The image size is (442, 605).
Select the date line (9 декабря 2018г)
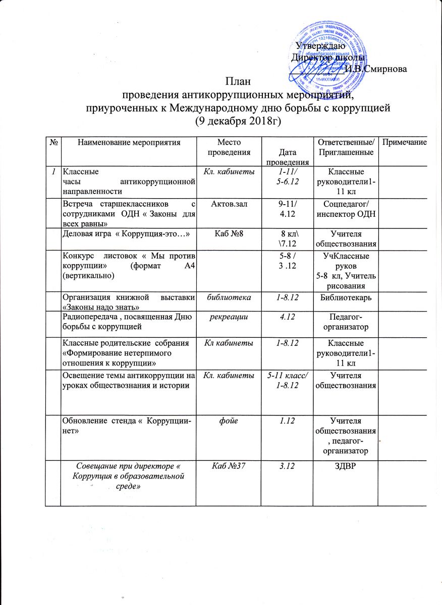coord(237,121)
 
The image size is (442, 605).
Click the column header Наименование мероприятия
coord(129,143)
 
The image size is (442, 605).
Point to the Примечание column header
coord(404,143)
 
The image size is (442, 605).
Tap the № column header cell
coord(53,143)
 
